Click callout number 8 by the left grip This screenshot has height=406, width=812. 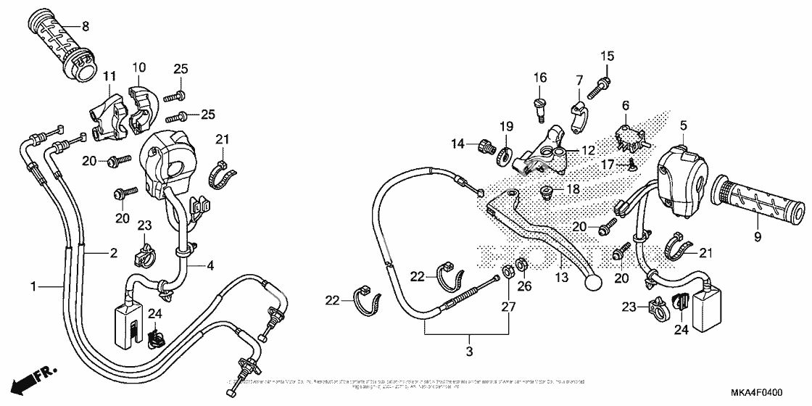[85, 27]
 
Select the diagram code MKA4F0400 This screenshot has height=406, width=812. [756, 392]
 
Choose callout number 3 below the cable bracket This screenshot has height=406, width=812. [469, 352]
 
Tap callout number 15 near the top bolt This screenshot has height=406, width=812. [607, 56]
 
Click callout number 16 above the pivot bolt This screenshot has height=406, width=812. [540, 78]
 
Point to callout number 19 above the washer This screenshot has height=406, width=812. [505, 125]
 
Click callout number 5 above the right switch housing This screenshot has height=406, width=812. [682, 126]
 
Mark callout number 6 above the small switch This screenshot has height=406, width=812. [625, 105]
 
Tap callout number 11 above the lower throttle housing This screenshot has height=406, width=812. [109, 77]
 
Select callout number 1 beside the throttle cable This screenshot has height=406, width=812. [33, 288]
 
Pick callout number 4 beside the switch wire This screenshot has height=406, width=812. [210, 266]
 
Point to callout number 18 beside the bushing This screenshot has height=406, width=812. [573, 189]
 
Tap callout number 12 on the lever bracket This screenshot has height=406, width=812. [587, 151]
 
